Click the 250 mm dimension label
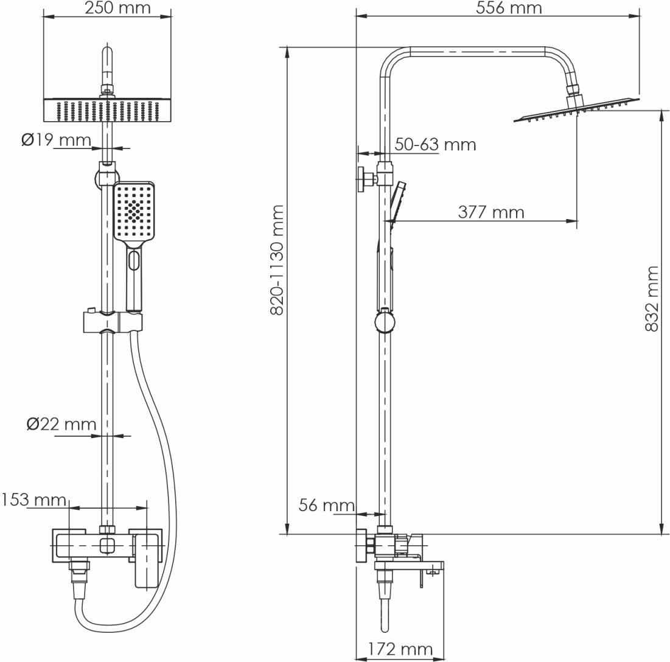tap(117, 8)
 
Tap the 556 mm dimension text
tap(509, 8)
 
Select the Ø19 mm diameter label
tap(57, 140)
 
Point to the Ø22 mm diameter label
tap(61, 424)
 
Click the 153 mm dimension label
tap(33, 500)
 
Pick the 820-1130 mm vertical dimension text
tap(277, 260)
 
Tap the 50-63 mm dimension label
tap(435, 144)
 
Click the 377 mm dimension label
tap(491, 212)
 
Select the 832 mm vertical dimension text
tap(652, 298)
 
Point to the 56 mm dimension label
tap(326, 505)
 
